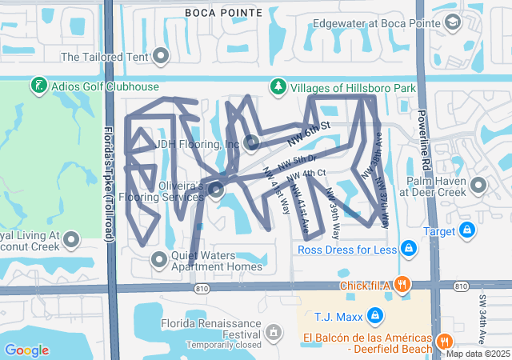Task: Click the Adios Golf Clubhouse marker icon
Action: [38, 85]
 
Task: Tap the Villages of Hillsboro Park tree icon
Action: [278, 85]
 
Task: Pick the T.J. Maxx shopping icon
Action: [374, 315]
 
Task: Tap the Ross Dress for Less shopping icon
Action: [410, 249]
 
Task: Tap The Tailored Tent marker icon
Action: [162, 56]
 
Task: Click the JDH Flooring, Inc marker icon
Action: [252, 143]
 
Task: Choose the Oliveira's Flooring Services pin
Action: [217, 190]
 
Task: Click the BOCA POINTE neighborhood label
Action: [223, 12]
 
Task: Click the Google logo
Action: [26, 350]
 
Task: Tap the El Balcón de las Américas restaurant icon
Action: [445, 342]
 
